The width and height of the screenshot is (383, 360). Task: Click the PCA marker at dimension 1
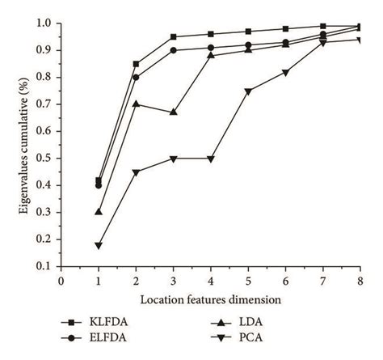(99, 245)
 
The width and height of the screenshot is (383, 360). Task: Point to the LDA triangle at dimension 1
(99, 212)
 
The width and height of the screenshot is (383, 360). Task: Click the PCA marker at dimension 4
(210, 159)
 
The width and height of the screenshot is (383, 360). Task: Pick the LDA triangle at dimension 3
(173, 112)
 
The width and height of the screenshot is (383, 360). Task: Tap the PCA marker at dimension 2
(136, 172)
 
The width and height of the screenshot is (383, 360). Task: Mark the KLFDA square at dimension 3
(173, 36)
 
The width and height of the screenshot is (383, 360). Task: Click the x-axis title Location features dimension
(211, 299)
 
